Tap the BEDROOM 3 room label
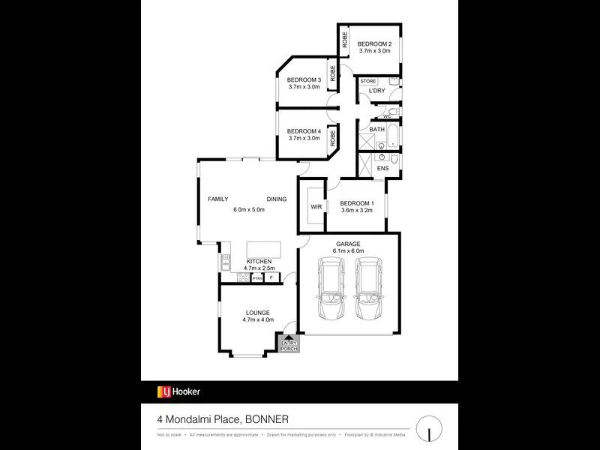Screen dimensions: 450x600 tap(304, 80)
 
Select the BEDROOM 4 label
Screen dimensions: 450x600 tap(304, 132)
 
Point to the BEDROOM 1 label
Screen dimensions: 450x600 tap(357, 203)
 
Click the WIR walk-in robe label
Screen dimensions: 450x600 tap(316, 206)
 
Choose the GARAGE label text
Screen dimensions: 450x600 tap(348, 244)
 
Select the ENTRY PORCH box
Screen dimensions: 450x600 tap(289, 344)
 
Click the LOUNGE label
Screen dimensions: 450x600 tap(257, 313)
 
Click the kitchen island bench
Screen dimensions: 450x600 tap(259, 249)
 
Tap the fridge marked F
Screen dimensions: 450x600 tap(271, 277)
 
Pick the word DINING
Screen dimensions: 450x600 tap(276, 199)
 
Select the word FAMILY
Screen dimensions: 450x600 tap(218, 199)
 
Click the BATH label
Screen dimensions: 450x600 tap(376, 129)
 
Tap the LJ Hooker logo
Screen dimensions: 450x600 tap(178, 391)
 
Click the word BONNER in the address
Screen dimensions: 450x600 tap(263, 418)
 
